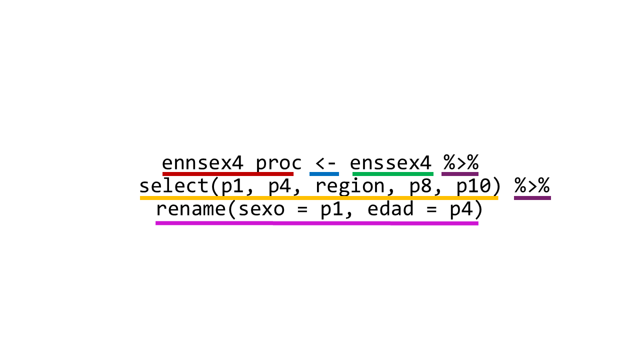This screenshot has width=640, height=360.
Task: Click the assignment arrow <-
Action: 325,163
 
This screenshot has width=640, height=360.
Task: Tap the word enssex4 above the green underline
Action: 390,163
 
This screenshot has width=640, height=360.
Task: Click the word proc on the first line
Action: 278,164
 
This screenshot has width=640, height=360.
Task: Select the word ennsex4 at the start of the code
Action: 202,163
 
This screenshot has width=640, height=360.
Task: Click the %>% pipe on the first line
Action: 461,162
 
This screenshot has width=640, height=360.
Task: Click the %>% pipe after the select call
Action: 532,185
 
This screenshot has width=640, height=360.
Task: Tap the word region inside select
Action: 350,187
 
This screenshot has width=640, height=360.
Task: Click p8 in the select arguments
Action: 420,187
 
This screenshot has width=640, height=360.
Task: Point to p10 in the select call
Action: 473,187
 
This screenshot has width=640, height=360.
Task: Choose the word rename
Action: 191,209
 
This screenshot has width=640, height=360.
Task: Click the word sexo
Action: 261,209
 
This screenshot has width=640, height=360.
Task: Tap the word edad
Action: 390,208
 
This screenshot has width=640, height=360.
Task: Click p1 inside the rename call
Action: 331,210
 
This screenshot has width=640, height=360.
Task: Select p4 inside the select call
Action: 279,187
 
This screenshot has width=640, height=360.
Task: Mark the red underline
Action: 228,174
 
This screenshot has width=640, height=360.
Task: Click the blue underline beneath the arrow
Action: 324,174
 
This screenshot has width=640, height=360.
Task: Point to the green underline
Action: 393,174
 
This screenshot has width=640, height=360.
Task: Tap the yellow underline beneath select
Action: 319,198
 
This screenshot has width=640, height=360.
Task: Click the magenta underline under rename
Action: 317,223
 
